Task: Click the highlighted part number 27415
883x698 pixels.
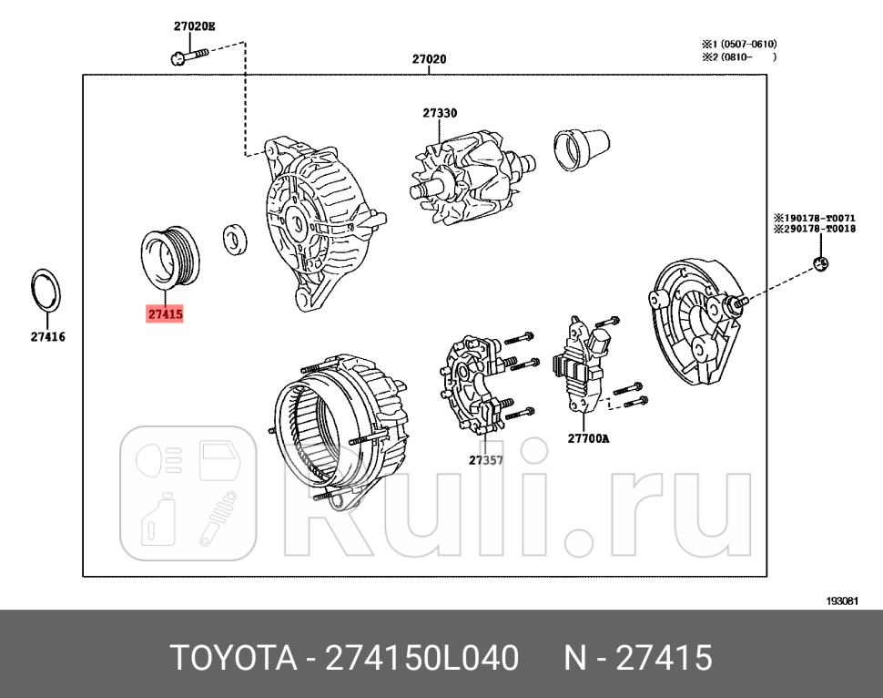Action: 165,314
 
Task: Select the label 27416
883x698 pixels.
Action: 46,336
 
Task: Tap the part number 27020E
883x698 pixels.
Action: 195,26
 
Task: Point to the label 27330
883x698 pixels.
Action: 440,113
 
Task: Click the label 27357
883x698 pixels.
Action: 486,460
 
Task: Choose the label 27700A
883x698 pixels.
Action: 588,438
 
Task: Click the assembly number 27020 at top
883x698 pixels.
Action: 429,59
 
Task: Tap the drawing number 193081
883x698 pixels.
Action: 843,600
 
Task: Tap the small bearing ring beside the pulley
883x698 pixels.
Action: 236,240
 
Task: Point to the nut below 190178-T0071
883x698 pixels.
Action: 820,265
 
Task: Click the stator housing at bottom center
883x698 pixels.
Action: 337,428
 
